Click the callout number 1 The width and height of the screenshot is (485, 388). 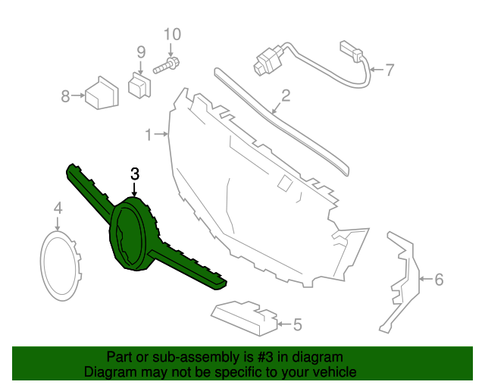[149, 135]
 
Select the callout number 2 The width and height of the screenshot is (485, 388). [286, 95]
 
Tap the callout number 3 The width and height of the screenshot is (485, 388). [134, 174]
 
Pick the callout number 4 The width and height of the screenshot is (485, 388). [58, 208]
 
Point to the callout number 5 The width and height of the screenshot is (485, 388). [297, 325]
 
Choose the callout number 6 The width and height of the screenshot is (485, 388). [438, 280]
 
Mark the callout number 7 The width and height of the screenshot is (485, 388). [390, 71]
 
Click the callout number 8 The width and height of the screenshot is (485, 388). [65, 96]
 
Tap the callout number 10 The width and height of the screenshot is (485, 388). [172, 34]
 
